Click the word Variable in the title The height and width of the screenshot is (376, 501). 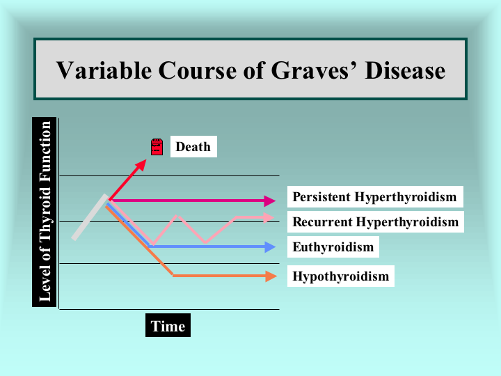click(x=104, y=70)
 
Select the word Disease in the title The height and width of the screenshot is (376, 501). click(x=405, y=70)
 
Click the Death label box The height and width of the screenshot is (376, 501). click(x=193, y=146)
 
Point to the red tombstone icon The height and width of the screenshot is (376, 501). click(x=157, y=147)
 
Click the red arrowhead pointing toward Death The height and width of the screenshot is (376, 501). click(x=141, y=165)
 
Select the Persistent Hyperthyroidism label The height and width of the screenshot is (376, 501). click(x=375, y=196)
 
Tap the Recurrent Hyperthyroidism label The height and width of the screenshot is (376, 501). click(x=376, y=221)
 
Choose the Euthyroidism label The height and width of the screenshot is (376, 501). click(x=333, y=246)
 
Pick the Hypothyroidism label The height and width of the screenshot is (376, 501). click(x=340, y=276)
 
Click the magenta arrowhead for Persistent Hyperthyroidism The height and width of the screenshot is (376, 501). click(x=270, y=201)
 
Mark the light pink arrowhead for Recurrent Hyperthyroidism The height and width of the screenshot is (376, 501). click(x=269, y=218)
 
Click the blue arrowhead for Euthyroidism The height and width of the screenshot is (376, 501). click(x=270, y=246)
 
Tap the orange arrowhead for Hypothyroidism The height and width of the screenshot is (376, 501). click(x=271, y=276)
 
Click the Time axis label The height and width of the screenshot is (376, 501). click(x=168, y=325)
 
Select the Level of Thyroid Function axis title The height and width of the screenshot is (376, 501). click(x=45, y=212)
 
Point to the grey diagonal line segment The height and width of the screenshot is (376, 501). click(x=90, y=217)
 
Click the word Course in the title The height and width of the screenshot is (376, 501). click(x=197, y=70)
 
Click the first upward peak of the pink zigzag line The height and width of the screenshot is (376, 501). click(x=177, y=216)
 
